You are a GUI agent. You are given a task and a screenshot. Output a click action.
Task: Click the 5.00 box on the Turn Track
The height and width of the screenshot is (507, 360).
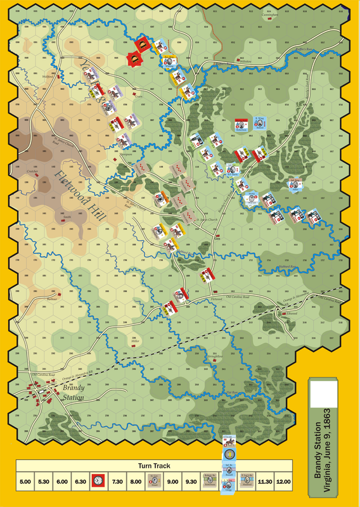25,482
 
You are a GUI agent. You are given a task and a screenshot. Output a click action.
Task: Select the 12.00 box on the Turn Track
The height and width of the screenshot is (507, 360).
283,482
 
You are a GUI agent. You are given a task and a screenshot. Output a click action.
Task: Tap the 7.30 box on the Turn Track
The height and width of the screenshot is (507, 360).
117,482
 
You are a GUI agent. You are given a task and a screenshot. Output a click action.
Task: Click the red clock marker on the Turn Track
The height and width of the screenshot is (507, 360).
98,482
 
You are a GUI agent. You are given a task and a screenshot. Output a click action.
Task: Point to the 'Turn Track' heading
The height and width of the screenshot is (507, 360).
154,466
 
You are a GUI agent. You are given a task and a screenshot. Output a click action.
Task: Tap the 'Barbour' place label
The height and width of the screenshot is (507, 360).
53,298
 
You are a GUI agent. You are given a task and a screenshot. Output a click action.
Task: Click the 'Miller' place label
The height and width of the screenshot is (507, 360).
134,340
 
